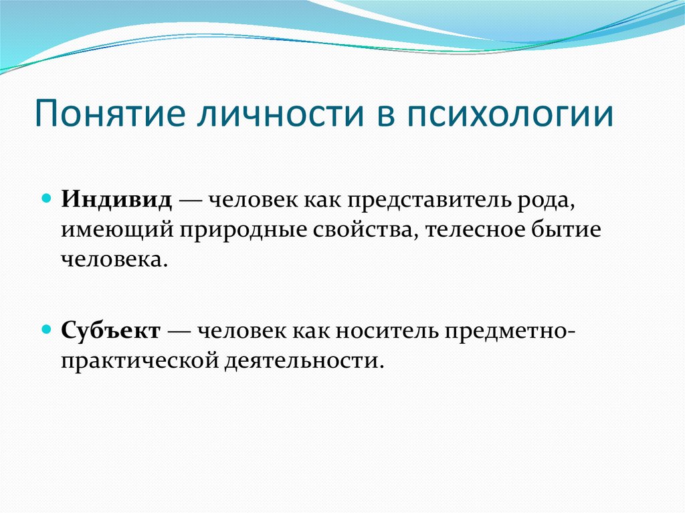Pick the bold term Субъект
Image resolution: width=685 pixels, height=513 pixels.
point(112,331)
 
